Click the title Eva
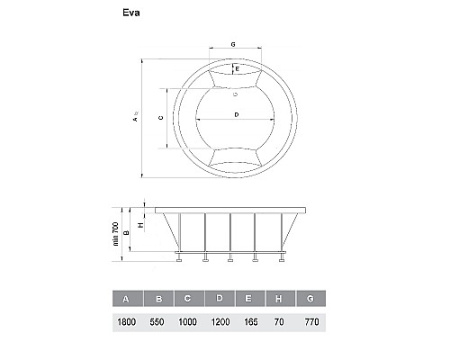coord(131,14)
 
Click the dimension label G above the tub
coord(233,44)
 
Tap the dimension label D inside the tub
coord(234,114)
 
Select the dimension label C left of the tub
coord(158,118)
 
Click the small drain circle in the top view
coord(234,93)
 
